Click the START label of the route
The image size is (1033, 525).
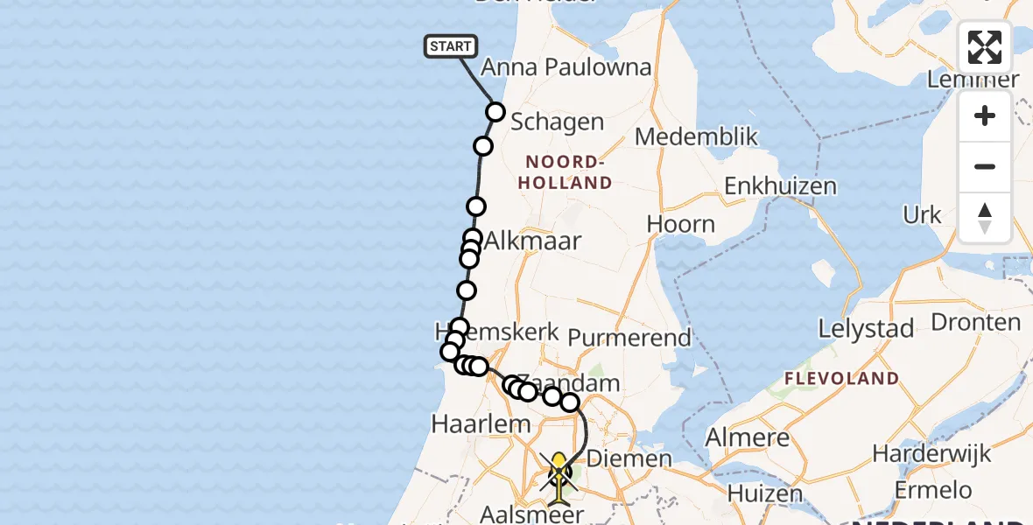tap(451, 46)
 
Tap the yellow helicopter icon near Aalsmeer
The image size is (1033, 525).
tap(559, 472)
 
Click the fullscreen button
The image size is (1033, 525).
tap(985, 47)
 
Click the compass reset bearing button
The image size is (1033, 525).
tap(985, 218)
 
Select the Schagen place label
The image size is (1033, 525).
tap(557, 122)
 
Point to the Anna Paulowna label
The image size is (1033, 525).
tap(566, 67)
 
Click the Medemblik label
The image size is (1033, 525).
tap(696, 136)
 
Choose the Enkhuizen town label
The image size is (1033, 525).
tap(780, 185)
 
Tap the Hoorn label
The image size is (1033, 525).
tap(681, 224)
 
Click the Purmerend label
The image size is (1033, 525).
tap(629, 337)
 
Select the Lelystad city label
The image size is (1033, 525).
tap(866, 329)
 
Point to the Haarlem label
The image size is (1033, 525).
tap(481, 424)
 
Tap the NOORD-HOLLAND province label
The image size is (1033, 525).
tap(568, 172)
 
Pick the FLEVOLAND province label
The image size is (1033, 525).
tap(840, 378)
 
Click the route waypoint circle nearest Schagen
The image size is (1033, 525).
tap(495, 111)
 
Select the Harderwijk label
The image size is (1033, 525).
tap(931, 454)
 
